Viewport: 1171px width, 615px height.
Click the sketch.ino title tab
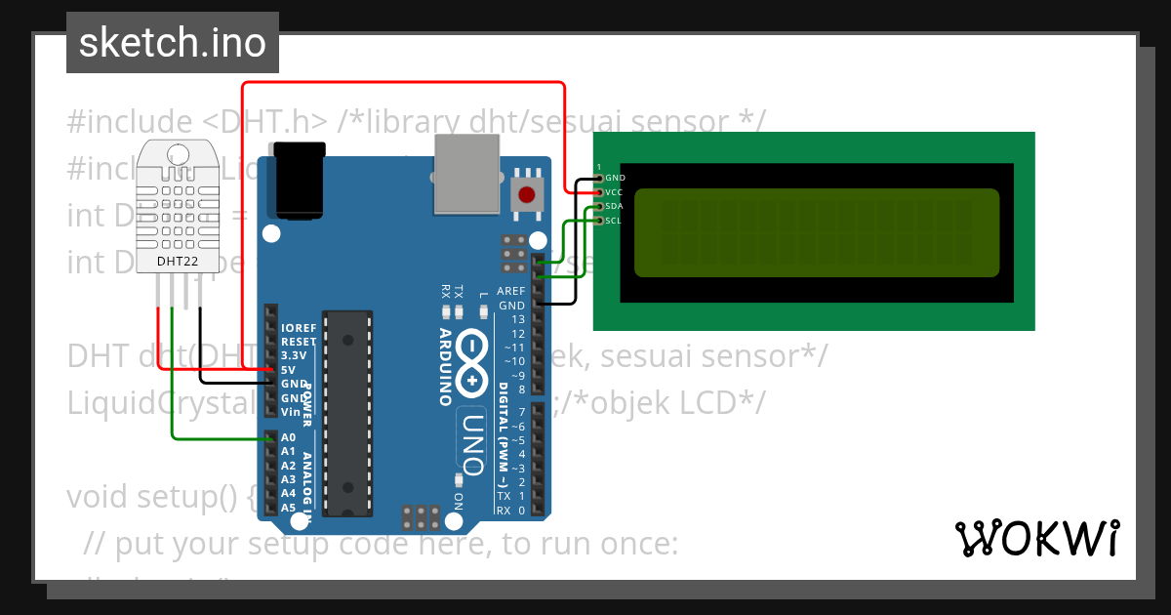(x=172, y=43)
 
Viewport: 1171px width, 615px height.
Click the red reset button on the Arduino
(x=528, y=193)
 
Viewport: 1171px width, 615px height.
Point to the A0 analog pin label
(x=288, y=437)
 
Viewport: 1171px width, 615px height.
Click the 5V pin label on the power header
(x=288, y=370)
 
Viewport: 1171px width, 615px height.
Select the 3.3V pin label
(x=294, y=356)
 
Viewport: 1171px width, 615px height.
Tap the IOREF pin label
(x=298, y=328)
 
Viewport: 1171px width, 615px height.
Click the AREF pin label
(x=510, y=291)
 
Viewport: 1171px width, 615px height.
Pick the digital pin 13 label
(x=517, y=319)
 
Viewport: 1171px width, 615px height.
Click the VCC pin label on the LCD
(x=614, y=192)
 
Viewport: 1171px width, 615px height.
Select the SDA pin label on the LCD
(x=614, y=206)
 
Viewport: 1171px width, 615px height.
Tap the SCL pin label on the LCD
(x=613, y=221)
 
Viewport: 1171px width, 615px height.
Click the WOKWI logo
(x=1036, y=538)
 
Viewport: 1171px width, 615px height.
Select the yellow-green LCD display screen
(x=816, y=232)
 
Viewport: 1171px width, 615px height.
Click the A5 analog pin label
(x=288, y=508)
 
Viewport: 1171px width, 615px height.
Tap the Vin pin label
(x=290, y=412)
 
